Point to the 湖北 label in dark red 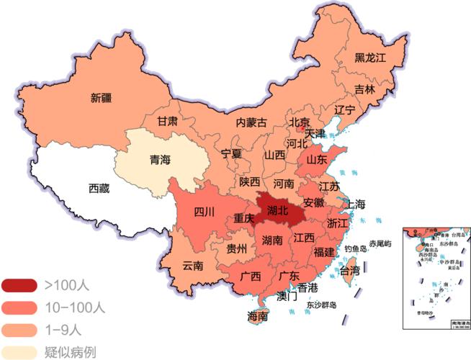click(277, 211)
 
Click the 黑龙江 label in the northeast click(371, 57)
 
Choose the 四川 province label click(204, 212)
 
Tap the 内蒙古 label click(251, 122)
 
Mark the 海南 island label click(258, 316)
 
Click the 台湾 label click(349, 271)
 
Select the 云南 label click(192, 266)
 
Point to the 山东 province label click(318, 160)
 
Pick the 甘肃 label click(168, 121)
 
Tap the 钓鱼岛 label click(356, 248)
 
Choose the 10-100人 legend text click(75, 308)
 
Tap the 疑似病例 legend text click(70, 352)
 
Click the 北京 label click(299, 122)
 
